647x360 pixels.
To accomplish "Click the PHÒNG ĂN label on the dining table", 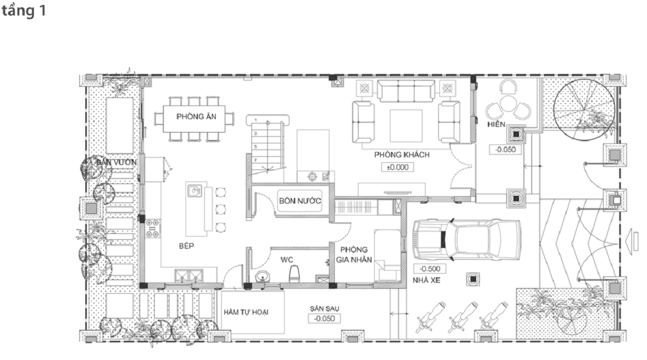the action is pos(196,116).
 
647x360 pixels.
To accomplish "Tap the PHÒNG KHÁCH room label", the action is pos(402,155).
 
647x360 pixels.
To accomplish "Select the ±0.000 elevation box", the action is pos(397,167).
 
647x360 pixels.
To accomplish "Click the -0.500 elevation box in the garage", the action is pos(430,269).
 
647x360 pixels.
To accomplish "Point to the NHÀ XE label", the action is pos(426,280).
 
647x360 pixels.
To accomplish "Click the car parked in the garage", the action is pos(466,239).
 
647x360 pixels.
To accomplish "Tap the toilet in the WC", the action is pos(294,273).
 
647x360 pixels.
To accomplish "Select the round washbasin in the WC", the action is pos(263,276).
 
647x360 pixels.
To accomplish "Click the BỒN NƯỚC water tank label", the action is pos(300,200).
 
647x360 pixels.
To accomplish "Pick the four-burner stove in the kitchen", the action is pos(153,229).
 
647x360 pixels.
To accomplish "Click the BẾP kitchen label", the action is pos(187,246).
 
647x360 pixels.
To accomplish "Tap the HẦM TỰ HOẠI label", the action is pos(246,312).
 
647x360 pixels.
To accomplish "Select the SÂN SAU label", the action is pos(325,309).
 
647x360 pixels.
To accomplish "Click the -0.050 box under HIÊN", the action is pos(506,149).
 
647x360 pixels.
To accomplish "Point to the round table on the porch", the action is pos(508,103).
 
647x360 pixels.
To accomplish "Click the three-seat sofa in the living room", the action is pos(406,91).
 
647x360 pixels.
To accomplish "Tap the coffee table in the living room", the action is pos(406,126).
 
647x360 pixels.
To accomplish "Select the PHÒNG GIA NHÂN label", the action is pos(354,254).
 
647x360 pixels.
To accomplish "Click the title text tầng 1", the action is pos(24,11).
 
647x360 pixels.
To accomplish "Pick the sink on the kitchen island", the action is pos(195,191).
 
